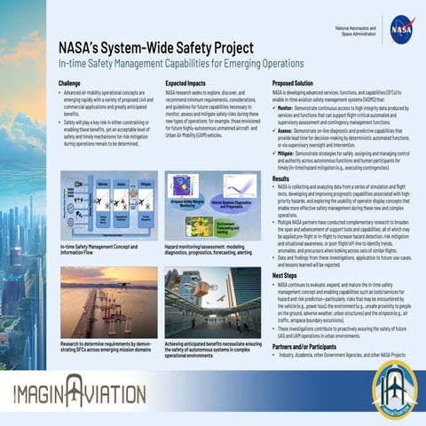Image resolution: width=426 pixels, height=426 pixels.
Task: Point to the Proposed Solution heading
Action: click(x=297, y=82)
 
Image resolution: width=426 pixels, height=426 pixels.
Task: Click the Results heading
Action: click(x=281, y=178)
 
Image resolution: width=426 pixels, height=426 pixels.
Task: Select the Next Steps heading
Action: click(x=285, y=276)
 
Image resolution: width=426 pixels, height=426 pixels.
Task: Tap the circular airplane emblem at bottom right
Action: click(x=395, y=388)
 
